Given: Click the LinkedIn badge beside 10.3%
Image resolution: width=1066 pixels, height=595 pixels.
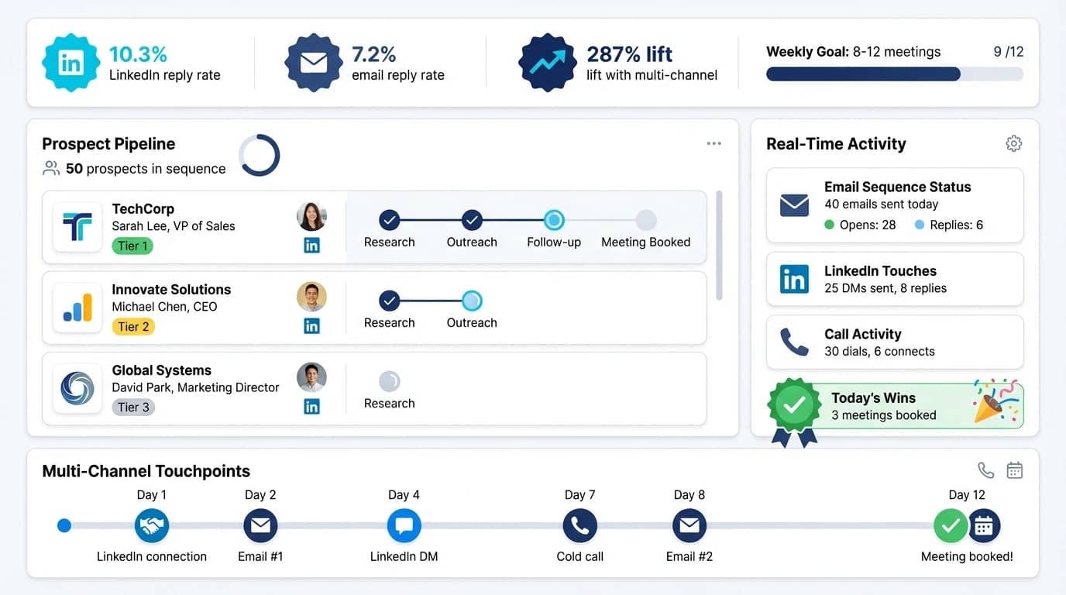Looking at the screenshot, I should click(71, 63).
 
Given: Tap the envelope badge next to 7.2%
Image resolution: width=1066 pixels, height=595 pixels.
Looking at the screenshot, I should click(314, 63).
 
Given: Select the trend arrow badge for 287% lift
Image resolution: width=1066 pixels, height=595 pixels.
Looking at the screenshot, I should click(548, 63).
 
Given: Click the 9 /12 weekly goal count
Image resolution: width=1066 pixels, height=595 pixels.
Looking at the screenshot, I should click(1008, 52).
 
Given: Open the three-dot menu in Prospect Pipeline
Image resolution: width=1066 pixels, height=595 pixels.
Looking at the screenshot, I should click(714, 143).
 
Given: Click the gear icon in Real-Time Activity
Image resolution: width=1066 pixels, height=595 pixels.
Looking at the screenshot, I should click(1013, 143).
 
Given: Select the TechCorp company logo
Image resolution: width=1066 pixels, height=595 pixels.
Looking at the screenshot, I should click(77, 227).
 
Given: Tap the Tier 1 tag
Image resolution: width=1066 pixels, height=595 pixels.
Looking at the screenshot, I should click(132, 246).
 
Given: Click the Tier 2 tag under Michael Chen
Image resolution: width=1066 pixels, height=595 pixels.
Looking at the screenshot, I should click(133, 327).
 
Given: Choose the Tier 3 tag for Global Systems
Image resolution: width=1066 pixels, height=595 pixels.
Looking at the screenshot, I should click(133, 408).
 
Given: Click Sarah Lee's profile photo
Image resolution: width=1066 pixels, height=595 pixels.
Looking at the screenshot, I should click(311, 216).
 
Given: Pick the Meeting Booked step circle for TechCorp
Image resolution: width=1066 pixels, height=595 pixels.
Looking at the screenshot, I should click(645, 220).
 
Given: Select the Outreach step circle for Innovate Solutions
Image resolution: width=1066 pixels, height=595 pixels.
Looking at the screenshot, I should click(472, 301).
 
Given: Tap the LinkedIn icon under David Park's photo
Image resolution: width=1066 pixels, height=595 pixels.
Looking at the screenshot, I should click(311, 407).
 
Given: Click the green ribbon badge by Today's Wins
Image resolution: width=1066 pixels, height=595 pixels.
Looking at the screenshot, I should click(794, 406).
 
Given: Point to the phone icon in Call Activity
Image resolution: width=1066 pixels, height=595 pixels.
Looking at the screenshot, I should click(794, 342).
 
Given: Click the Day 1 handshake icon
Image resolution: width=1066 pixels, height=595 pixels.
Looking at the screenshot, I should click(152, 526).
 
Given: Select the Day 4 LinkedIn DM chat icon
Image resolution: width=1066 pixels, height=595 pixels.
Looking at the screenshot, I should click(404, 526).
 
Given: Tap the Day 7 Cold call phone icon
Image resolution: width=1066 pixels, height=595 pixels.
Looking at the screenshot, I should click(579, 526).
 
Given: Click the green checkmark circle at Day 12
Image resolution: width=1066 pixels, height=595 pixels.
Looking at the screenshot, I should click(950, 526).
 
